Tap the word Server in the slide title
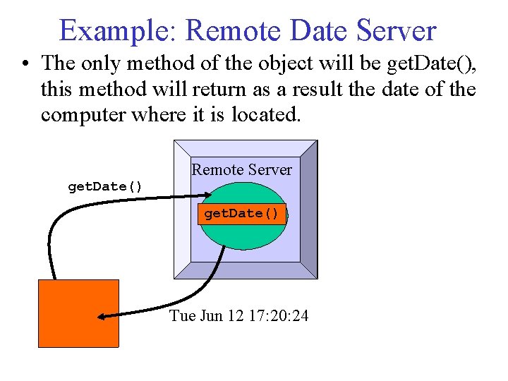coord(397,31)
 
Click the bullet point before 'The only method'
coord(25,65)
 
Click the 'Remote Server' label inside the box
coord(241,169)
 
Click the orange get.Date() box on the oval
coord(242,213)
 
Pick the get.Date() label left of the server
coord(105,187)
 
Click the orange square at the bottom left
coord(78,313)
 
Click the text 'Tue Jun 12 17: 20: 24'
coord(238,315)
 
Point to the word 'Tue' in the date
coord(182,315)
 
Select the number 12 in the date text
coord(236,315)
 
